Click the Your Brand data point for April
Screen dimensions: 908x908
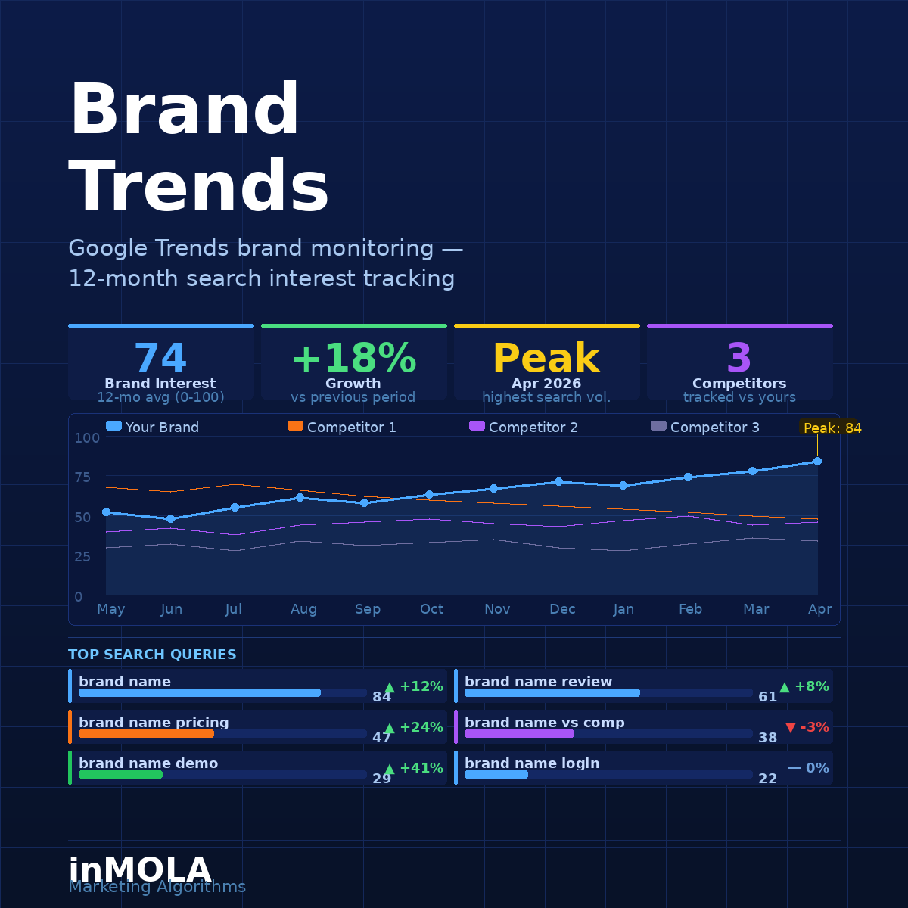tap(817, 461)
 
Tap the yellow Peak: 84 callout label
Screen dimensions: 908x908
tap(832, 428)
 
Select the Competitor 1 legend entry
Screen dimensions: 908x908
tap(342, 428)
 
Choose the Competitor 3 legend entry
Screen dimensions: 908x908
tap(705, 428)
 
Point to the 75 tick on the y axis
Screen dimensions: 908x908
tap(82, 477)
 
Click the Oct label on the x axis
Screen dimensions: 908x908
tap(431, 609)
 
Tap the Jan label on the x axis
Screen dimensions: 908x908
tap(623, 609)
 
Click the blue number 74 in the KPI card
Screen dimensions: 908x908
tap(160, 359)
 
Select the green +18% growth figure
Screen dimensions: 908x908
tap(353, 359)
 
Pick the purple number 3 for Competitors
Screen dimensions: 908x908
tap(739, 359)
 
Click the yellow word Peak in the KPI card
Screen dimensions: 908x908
tap(546, 359)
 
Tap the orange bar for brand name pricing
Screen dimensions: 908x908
tap(146, 734)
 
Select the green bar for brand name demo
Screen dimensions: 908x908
tap(120, 775)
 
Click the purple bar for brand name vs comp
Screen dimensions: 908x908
tap(519, 734)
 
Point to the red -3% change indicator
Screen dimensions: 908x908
tap(807, 727)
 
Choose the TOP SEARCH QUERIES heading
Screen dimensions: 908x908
tap(152, 655)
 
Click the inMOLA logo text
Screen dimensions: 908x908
tap(140, 870)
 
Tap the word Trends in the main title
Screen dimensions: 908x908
tap(200, 188)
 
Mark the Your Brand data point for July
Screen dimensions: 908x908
tap(235, 507)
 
